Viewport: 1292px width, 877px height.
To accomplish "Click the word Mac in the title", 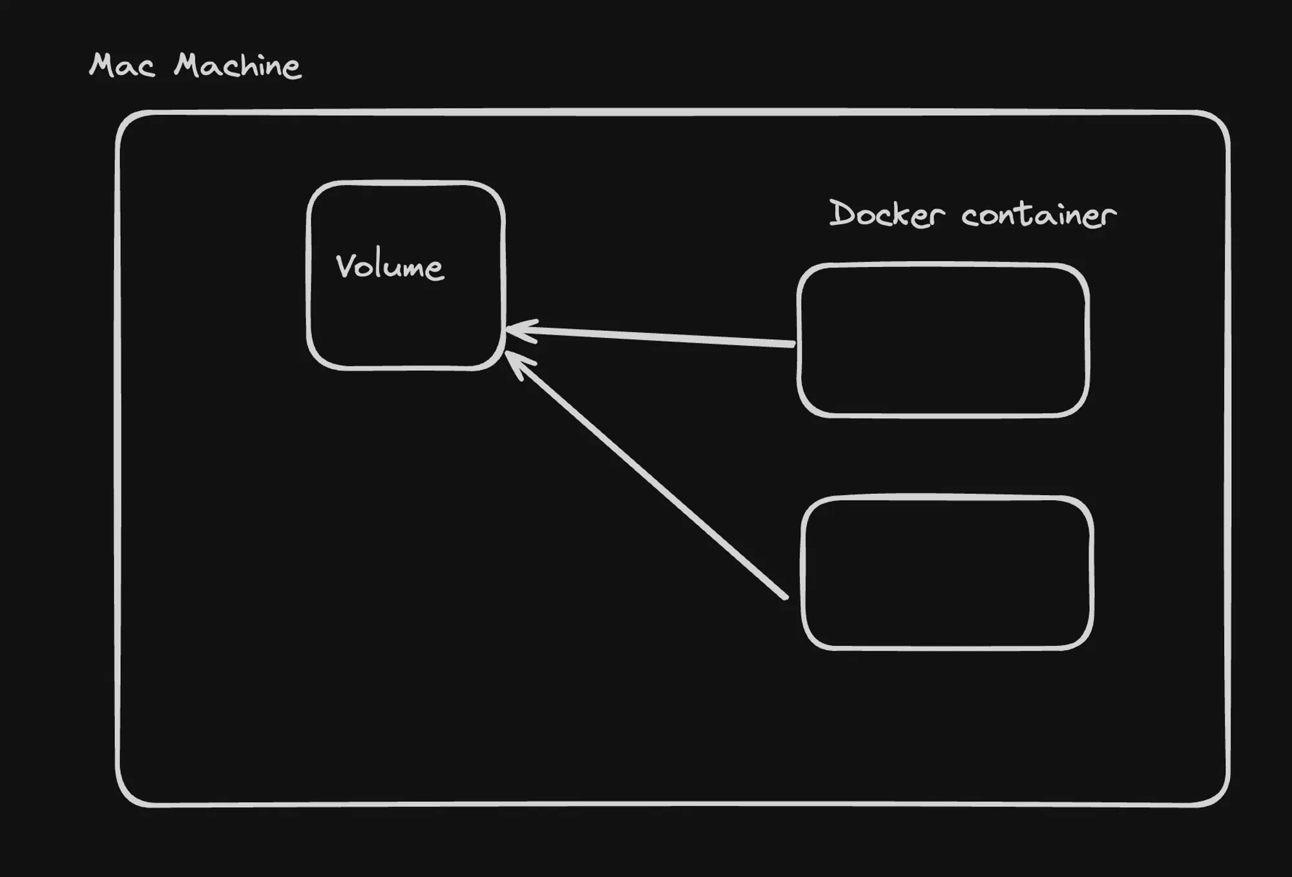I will (122, 66).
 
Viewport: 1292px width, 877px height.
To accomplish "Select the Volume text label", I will (390, 267).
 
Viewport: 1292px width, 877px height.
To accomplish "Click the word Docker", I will (886, 215).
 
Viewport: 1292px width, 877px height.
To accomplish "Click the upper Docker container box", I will (943, 340).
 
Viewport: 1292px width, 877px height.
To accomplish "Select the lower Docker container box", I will (947, 573).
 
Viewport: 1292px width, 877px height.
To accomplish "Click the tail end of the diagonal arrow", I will (784, 597).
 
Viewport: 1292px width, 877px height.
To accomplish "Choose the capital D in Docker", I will (842, 213).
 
